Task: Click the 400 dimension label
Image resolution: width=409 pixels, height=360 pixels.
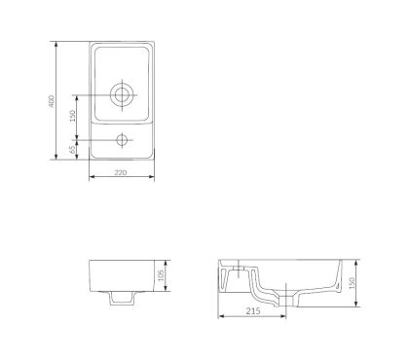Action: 52,101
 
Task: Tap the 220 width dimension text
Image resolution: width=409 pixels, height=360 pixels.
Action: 121,173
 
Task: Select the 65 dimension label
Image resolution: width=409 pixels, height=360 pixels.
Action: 73,149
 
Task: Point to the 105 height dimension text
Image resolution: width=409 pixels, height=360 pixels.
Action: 161,275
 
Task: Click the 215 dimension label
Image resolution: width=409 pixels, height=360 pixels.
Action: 253,311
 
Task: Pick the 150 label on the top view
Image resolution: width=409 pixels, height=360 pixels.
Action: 73,116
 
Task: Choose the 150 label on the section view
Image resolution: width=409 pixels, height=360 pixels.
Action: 352,283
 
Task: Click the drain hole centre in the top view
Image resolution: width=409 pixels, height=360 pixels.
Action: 122,94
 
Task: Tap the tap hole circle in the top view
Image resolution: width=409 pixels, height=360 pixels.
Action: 122,140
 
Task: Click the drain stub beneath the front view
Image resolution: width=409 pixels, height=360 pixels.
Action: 122,298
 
